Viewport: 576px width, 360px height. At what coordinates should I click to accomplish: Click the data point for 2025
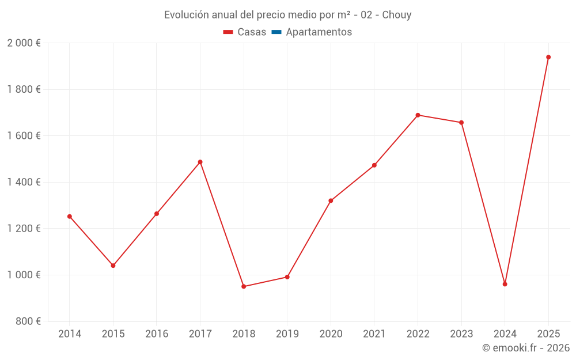coord(548,57)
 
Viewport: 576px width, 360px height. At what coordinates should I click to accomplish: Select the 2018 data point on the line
coord(244,286)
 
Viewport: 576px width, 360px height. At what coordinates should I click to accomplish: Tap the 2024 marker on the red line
coord(505,284)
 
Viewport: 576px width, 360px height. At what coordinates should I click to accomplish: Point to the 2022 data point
coord(418,115)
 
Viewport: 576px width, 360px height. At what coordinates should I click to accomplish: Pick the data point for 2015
coord(113,266)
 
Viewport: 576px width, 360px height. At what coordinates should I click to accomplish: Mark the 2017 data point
coord(200,162)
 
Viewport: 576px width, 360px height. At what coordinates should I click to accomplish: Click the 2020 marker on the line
coord(331,200)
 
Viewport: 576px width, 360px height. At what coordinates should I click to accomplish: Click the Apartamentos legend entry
coord(319,32)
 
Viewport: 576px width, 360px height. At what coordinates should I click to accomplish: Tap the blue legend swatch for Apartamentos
coord(276,32)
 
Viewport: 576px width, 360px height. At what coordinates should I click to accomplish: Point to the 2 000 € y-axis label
coord(24,43)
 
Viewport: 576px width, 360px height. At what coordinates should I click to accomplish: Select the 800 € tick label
coord(28,321)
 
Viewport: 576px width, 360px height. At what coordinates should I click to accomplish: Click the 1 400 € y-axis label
coord(24,182)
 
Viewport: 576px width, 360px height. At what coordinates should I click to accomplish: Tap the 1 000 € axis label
coord(24,275)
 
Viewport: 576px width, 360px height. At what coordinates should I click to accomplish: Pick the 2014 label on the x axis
coord(70,334)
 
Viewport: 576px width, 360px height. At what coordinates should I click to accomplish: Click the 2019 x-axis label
coord(287,334)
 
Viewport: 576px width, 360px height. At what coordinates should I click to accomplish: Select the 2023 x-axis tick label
coord(461,334)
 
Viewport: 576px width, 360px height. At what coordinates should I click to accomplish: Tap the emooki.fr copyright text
coord(526,348)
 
